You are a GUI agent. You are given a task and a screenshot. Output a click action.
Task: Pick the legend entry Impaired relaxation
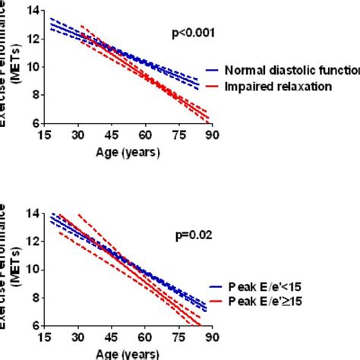(x=276, y=86)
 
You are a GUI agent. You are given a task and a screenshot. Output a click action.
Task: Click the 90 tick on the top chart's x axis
(x=212, y=135)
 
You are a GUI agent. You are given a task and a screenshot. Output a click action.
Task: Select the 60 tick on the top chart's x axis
(x=145, y=135)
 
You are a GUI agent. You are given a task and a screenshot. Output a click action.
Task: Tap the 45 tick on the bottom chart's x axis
(x=112, y=337)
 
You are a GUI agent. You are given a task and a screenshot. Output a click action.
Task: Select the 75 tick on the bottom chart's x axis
(x=178, y=337)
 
